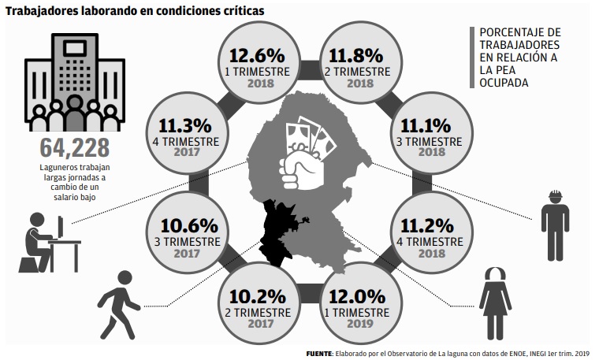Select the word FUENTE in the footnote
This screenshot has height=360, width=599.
click(320, 354)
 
